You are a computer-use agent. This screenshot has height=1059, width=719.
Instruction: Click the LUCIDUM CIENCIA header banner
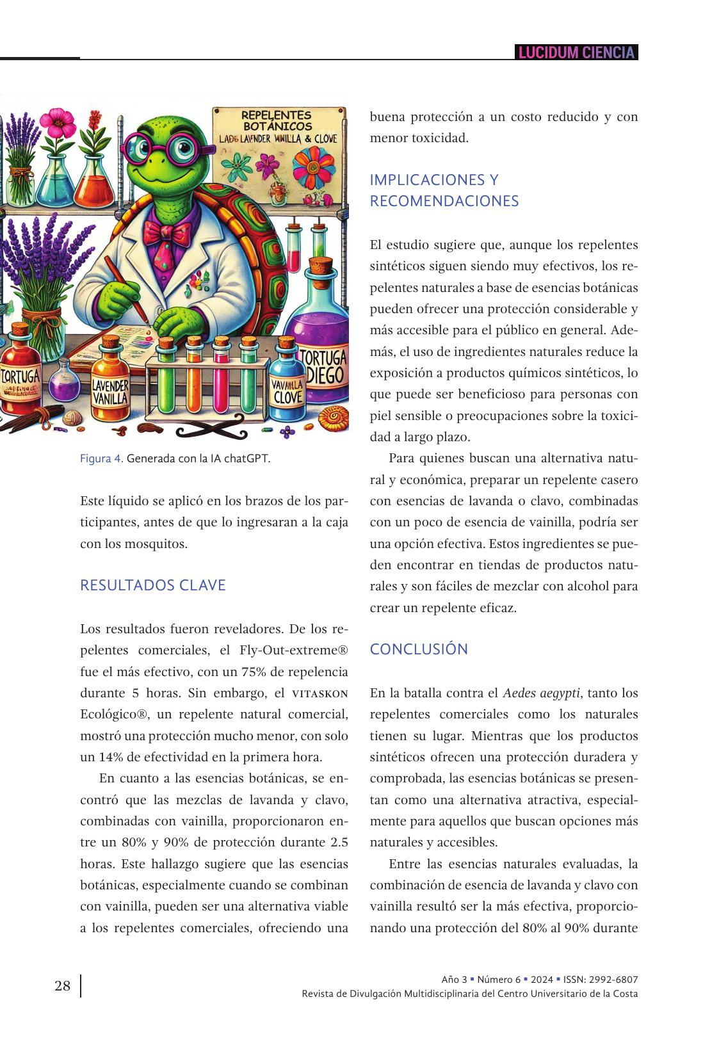[576, 53]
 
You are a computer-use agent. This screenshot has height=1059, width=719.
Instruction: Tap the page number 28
[63, 985]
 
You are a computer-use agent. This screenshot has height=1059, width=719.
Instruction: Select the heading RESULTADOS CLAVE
[152, 585]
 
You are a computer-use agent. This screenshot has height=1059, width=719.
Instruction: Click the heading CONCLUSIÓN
[419, 649]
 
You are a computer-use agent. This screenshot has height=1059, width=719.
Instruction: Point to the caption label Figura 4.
[101, 458]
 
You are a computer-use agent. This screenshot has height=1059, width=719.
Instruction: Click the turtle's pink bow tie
[168, 231]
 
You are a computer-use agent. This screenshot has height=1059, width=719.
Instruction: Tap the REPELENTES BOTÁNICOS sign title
[277, 121]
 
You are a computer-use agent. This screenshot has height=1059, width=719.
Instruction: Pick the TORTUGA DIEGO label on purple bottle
[324, 366]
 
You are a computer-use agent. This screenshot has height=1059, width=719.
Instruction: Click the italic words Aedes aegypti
[542, 693]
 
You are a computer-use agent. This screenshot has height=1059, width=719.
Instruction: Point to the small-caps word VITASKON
[320, 693]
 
